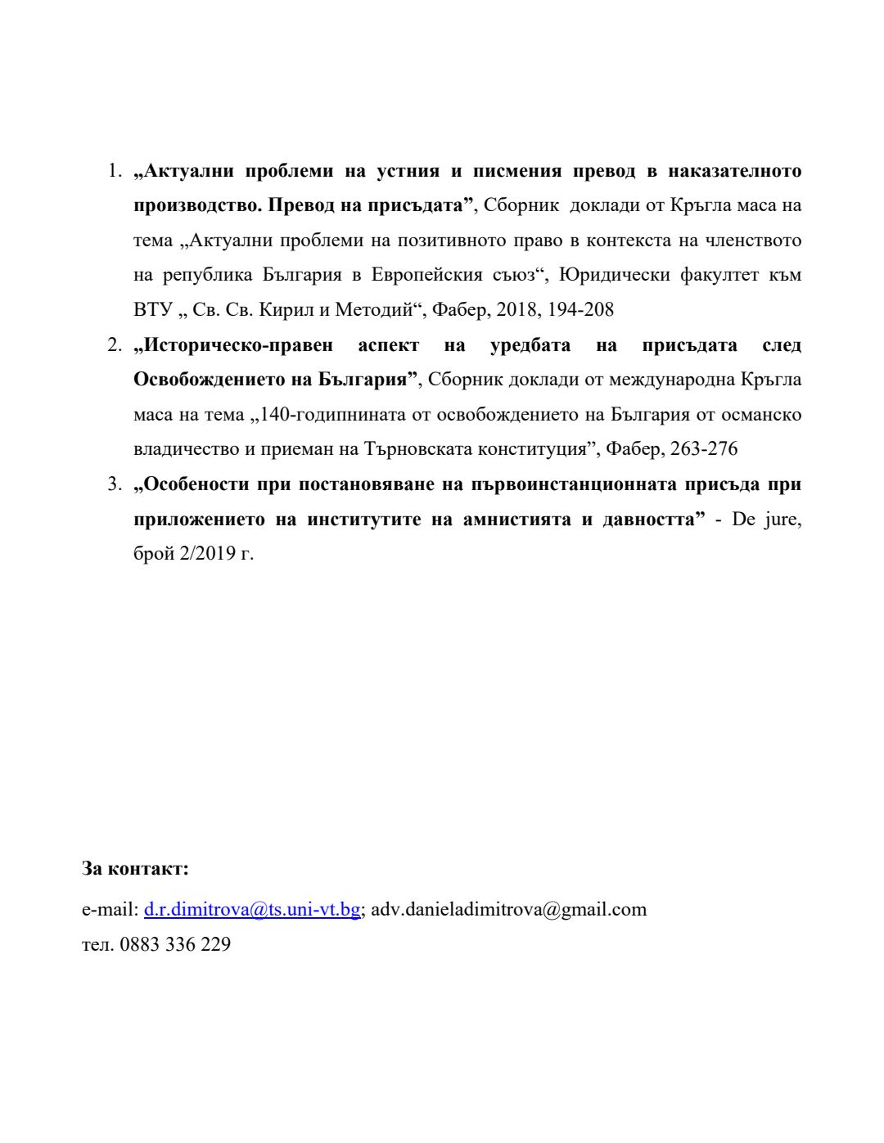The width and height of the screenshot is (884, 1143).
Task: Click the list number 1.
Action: [x=114, y=171]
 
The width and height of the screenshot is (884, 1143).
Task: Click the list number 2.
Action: [x=114, y=345]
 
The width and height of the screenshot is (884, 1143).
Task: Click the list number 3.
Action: [x=114, y=484]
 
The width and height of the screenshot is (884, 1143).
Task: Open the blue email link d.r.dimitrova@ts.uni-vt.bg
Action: [x=252, y=909]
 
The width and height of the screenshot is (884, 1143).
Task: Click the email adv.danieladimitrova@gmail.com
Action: [x=509, y=909]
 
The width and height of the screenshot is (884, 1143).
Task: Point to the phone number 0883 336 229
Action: [x=175, y=944]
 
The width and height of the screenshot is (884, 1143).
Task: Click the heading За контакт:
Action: [x=135, y=868]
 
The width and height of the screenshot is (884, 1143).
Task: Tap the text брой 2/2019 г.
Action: [x=193, y=554]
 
